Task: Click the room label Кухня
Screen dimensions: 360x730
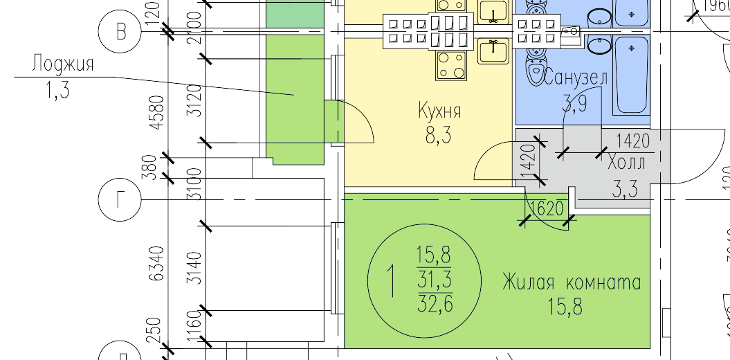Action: tap(439, 111)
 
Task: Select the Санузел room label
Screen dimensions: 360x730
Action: tap(576, 78)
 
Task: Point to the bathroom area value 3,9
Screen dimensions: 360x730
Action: tap(575, 105)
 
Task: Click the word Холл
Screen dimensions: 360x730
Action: tap(626, 164)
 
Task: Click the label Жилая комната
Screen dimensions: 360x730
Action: tap(572, 283)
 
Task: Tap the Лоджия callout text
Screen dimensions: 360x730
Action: tap(62, 65)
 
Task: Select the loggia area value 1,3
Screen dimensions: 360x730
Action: tap(57, 91)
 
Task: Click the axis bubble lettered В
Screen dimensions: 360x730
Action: tap(122, 32)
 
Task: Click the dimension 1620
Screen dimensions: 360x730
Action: tap(547, 208)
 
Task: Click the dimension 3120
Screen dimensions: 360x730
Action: tap(195, 100)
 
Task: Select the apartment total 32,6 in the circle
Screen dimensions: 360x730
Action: tap(435, 304)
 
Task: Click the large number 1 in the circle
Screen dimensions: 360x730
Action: tap(392, 282)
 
